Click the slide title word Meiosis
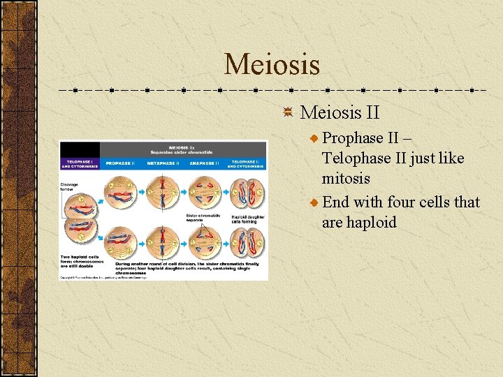272,65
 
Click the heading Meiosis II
340,112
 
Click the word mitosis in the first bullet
346,179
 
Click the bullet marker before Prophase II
314,139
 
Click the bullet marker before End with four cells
314,203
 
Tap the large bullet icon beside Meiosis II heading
288,112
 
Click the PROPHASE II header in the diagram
120,163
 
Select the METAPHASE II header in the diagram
163,163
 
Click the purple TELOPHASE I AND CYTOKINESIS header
80,163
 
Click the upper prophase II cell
120,195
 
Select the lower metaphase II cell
163,240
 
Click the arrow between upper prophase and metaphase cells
142,195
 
